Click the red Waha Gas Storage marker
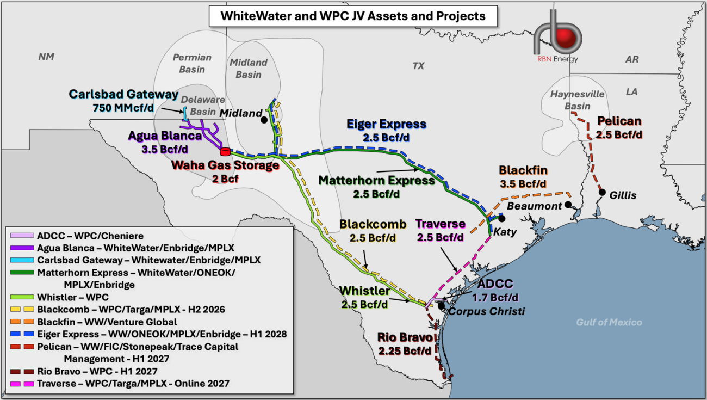(x=225, y=151)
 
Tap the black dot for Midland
(x=264, y=119)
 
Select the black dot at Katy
(x=501, y=218)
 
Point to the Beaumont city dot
(x=568, y=205)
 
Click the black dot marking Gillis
(x=602, y=192)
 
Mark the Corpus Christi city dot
(x=440, y=304)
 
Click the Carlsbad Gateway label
(x=123, y=94)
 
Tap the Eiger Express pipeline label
(x=386, y=125)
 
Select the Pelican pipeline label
(x=619, y=121)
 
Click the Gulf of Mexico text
(x=609, y=322)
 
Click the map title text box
(x=352, y=16)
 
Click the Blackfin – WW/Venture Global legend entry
(x=107, y=321)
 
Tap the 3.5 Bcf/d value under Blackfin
(x=523, y=183)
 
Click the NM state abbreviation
(x=47, y=57)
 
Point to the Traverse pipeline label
(x=441, y=224)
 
